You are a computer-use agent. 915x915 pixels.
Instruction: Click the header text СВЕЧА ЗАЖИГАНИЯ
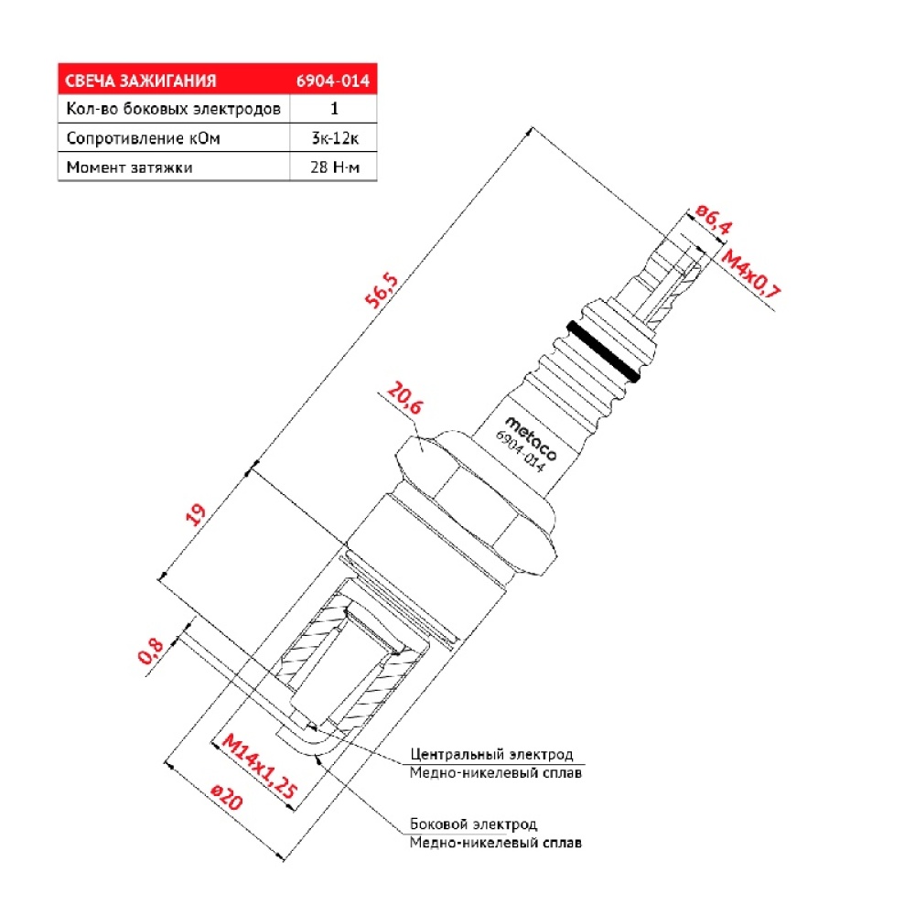point(141,81)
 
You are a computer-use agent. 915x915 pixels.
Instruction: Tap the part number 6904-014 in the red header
point(333,81)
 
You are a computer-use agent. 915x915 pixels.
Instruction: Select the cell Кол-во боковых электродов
point(173,109)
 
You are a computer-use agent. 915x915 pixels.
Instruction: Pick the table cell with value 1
point(334,109)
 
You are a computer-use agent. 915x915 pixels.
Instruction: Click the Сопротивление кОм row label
point(143,138)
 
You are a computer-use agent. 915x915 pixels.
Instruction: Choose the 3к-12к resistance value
point(335,138)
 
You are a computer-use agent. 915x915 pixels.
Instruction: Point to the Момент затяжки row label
point(130,167)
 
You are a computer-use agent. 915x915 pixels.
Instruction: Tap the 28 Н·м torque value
point(335,167)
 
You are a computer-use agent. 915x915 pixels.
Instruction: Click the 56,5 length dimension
point(382,289)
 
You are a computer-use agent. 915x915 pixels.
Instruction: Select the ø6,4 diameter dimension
point(714,220)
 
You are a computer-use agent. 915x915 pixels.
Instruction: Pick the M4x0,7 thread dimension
point(750,274)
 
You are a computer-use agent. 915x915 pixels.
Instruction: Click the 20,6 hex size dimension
point(404,398)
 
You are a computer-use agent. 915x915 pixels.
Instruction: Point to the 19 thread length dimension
point(196,514)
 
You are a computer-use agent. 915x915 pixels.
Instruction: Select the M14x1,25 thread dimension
point(260,767)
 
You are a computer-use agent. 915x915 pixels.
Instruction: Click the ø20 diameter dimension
point(226,797)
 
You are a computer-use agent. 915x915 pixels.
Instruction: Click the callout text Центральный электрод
point(492,754)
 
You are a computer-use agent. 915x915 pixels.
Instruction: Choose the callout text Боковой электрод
point(473,824)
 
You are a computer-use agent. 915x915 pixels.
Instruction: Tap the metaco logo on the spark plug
point(531,438)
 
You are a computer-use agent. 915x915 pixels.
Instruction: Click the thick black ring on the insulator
point(603,351)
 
